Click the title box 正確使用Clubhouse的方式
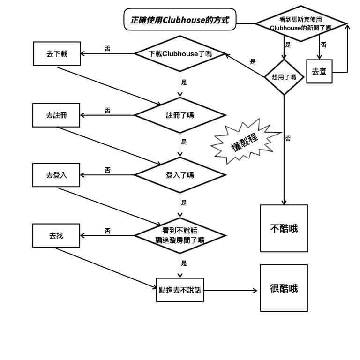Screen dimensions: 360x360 pos(180,20)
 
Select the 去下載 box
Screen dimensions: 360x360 pos(57,54)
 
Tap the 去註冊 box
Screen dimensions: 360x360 pos(56,115)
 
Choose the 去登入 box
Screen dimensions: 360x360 pos(56,175)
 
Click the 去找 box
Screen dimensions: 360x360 pos(56,235)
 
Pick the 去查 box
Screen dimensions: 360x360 pos(319,71)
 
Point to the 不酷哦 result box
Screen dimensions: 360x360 pos(284,228)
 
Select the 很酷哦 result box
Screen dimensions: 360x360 pos(284,288)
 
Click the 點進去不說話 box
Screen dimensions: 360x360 pos(180,290)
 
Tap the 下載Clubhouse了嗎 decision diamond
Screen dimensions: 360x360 pos(180,53)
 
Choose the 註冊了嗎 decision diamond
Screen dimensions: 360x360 pos(180,115)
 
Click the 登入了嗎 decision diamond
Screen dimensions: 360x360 pos(180,175)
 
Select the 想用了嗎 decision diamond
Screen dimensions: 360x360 pos(284,77)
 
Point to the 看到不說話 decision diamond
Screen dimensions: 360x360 pos(180,235)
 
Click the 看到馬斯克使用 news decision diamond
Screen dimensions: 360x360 pos(301,23)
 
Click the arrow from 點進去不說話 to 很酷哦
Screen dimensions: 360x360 pos(231,291)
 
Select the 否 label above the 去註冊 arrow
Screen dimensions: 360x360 pos(108,110)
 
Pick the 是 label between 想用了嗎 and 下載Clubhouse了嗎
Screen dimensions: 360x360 pos(253,61)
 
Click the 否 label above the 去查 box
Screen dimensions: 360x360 pos(324,45)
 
